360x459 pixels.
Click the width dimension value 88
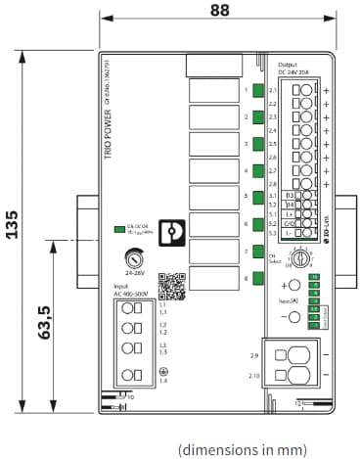click(x=220, y=11)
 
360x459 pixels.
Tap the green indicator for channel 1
click(x=257, y=92)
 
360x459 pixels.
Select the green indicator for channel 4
click(x=257, y=171)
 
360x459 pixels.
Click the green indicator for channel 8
click(x=257, y=279)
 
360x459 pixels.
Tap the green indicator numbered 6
click(x=257, y=225)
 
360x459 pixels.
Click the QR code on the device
click(x=171, y=286)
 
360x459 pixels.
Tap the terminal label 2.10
click(x=254, y=375)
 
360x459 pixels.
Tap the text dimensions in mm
click(x=242, y=448)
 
